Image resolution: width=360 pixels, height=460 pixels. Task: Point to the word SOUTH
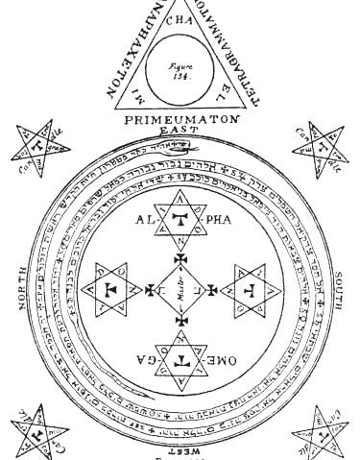[342, 293]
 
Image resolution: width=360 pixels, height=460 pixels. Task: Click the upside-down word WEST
[180, 448]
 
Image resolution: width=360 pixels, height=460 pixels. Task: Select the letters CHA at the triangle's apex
[180, 18]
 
